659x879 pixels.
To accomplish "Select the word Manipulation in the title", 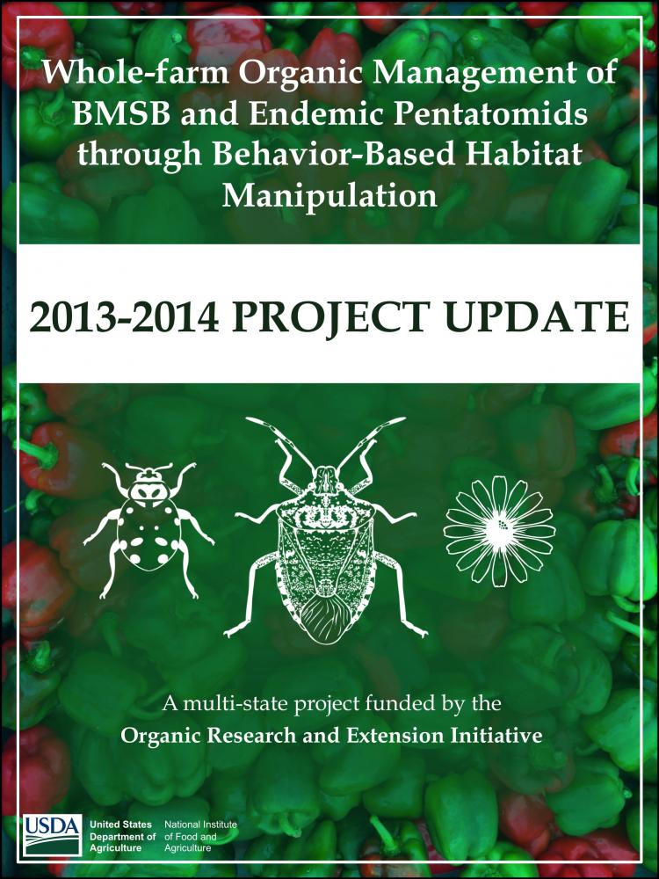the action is coord(329,196).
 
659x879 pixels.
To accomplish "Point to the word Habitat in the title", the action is coord(523,154).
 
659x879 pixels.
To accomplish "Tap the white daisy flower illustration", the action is coord(499,531).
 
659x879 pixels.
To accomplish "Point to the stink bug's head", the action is coord(325,480).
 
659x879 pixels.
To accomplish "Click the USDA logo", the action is coord(52,835).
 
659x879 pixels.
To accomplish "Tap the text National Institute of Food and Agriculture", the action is coord(200,836).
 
